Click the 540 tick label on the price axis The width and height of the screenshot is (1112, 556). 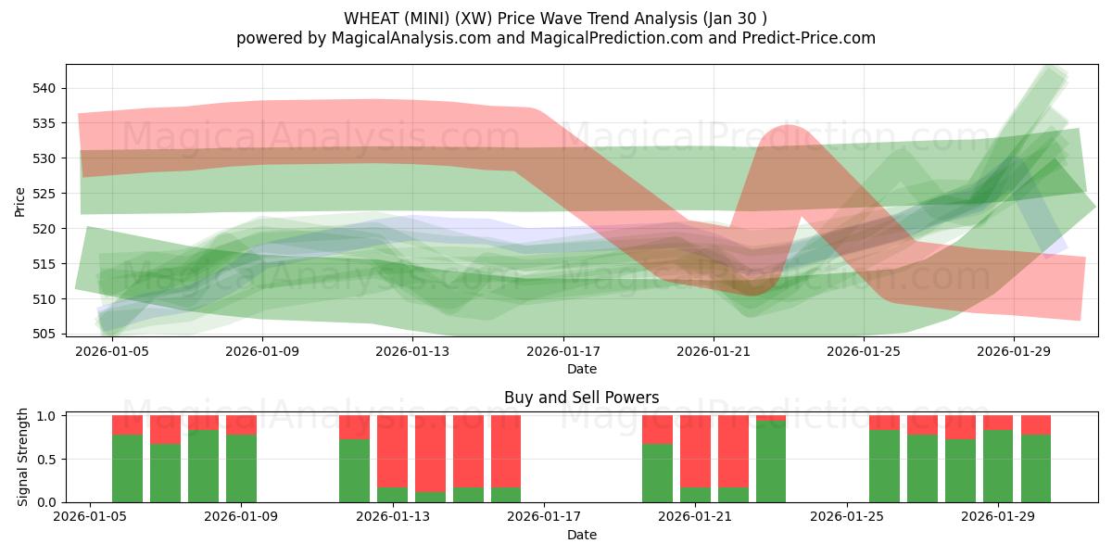tap(45, 88)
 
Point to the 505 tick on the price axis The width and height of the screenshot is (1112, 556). tap(45, 334)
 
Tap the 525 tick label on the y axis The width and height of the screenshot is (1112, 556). tap(45, 194)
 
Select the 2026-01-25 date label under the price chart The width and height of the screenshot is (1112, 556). tap(864, 351)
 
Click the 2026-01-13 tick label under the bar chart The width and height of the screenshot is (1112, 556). tap(392, 517)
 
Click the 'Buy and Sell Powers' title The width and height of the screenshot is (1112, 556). tap(581, 398)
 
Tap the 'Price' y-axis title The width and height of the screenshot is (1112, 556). tap(20, 201)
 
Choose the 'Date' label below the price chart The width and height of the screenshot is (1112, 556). tap(581, 369)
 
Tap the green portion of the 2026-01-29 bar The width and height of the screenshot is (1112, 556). tap(998, 466)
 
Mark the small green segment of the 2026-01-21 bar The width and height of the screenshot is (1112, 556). tap(695, 495)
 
